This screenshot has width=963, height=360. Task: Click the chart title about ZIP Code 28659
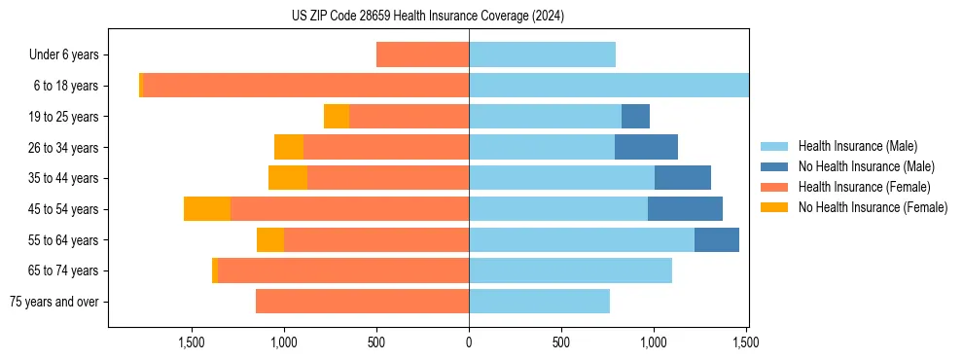click(x=428, y=17)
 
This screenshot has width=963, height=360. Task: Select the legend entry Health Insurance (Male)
click(x=857, y=146)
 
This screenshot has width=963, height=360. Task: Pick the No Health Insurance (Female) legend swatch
click(x=775, y=207)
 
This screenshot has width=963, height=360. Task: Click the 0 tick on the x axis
click(x=469, y=342)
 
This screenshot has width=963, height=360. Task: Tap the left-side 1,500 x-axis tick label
click(x=192, y=342)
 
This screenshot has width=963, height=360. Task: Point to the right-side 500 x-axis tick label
click(x=561, y=342)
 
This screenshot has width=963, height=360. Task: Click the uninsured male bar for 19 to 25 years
click(x=635, y=117)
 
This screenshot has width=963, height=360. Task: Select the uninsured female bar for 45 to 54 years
click(x=207, y=209)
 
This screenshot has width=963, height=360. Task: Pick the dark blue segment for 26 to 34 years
click(x=646, y=148)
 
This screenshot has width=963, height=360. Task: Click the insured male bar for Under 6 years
click(x=542, y=55)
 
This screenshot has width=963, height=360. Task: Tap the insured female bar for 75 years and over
click(x=362, y=302)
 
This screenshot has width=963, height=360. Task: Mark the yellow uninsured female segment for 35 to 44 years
click(x=288, y=178)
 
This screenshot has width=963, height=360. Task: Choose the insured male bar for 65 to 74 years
click(x=570, y=270)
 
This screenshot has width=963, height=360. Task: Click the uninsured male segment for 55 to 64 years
click(x=717, y=240)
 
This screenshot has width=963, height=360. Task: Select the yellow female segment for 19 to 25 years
click(x=337, y=117)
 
